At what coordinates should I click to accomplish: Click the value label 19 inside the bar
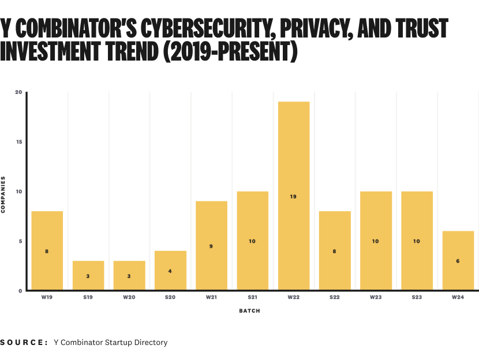coord(293,197)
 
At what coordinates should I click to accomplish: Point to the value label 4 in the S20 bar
coord(170,271)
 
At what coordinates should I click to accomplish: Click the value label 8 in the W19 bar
coord(47,251)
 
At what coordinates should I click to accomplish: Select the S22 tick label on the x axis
coord(335,298)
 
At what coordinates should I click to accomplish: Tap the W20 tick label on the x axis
coord(129,298)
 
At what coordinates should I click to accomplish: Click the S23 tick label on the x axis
coord(417,298)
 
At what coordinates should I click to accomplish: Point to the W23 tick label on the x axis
coord(376,298)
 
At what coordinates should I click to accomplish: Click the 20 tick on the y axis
coord(18,92)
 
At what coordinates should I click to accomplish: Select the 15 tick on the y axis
coord(18,142)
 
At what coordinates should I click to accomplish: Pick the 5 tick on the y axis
coord(20,241)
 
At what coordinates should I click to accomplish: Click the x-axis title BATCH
coord(249,311)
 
